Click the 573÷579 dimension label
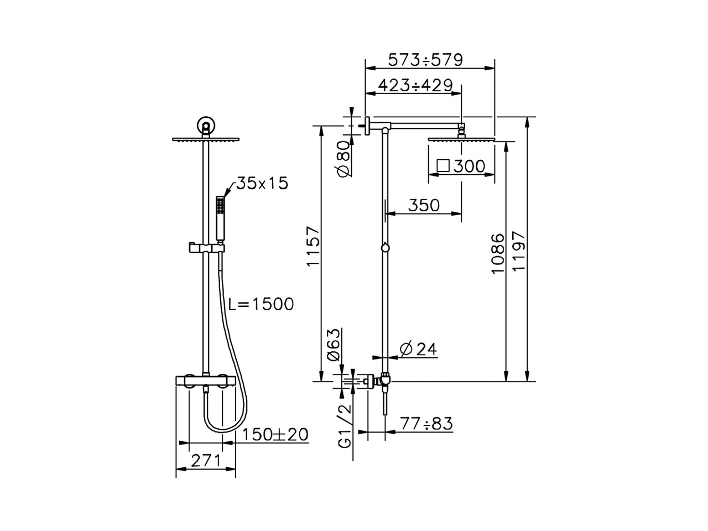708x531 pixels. (425, 60)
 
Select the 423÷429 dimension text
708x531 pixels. (415, 85)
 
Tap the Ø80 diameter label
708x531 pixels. (344, 159)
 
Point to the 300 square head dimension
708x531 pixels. (469, 166)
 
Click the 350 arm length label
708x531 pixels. (424, 205)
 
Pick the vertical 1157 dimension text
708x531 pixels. (313, 246)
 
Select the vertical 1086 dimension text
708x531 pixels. (497, 253)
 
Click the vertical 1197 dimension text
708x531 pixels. (519, 251)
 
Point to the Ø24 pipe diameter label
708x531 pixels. (418, 348)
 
